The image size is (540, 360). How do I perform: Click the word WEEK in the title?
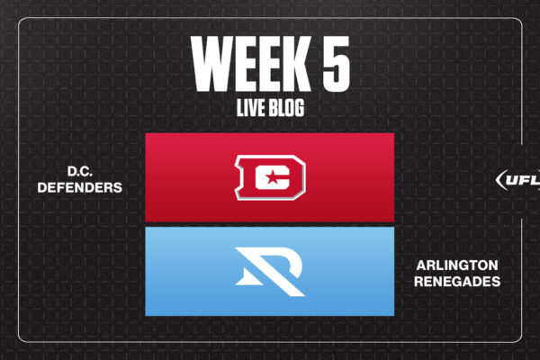pos(251,64)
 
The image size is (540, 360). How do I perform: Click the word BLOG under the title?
pos(286,107)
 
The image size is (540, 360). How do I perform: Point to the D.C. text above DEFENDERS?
pos(79,171)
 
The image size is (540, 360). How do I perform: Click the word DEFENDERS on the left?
pos(79,187)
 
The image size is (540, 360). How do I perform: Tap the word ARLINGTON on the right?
pos(457,265)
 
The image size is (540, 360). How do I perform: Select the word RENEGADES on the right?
pos(457,282)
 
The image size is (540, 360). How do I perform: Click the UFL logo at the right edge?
pos(518,180)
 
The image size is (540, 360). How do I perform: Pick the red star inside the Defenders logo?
pos(272,177)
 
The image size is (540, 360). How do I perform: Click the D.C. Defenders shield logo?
pos(270,177)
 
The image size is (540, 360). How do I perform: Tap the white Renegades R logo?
pos(270,272)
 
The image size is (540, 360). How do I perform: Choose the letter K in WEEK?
pos(296,64)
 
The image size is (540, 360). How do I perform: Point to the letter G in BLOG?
pos(299,107)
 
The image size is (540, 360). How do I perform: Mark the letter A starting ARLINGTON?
pos(421,265)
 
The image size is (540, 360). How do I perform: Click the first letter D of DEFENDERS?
pos(42,187)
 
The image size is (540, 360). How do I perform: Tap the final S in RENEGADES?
pos(496,282)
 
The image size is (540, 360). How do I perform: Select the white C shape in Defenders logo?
pos(272,177)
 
